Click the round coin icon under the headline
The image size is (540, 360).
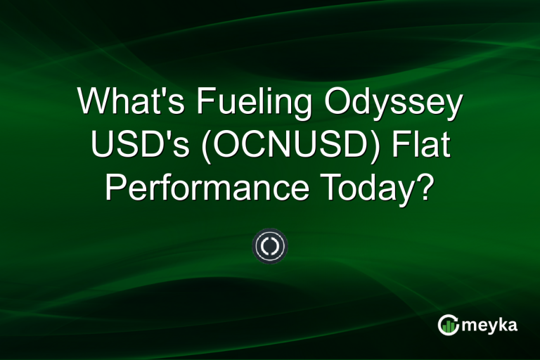[x=270, y=246]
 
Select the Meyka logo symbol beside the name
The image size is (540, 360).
[x=448, y=324]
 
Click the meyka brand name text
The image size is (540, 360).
[x=489, y=325]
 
